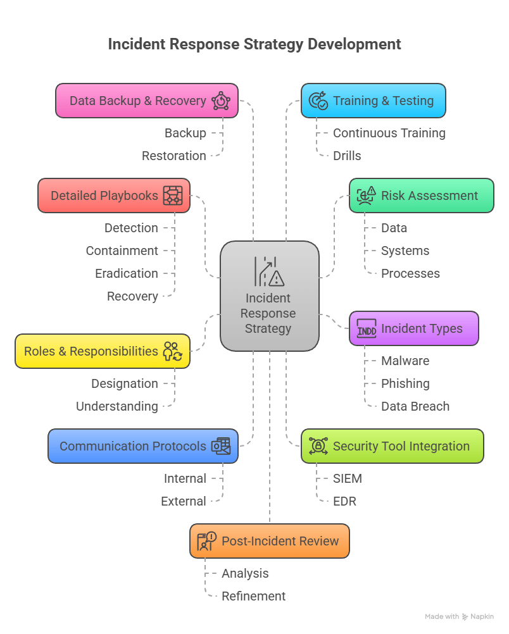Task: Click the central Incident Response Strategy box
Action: coord(270,296)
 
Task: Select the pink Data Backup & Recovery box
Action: coord(147,101)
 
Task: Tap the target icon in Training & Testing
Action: coord(318,101)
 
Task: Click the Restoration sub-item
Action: coord(173,156)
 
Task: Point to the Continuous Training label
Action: coord(389,133)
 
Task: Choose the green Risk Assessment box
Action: coord(421,196)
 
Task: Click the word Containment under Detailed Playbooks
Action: coord(122,251)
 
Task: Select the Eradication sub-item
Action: coord(127,273)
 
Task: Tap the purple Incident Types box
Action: coord(413,328)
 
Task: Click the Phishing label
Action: coord(405,383)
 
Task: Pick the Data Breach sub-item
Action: coord(415,406)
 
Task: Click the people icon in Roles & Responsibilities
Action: coord(172,351)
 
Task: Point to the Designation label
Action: coord(125,383)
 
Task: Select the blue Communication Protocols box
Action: coord(143,446)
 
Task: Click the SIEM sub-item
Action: coord(348,478)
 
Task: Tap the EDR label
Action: coord(344,501)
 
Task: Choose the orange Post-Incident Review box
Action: coord(270,541)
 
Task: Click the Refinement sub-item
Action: coord(253,596)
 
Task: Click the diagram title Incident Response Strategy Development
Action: coord(254,44)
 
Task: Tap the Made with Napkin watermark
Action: coord(459,616)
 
